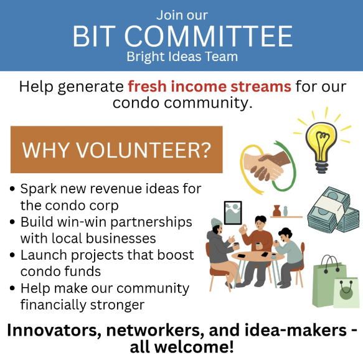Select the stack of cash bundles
pyautogui.click(x=333, y=211)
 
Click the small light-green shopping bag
pyautogui.click(x=347, y=293)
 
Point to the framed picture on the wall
pyautogui.click(x=233, y=213)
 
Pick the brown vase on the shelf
pyautogui.click(x=276, y=211)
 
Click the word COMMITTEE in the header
pyautogui.click(x=209, y=37)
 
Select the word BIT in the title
pyautogui.click(x=94, y=37)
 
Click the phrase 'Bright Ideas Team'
pyautogui.click(x=182, y=57)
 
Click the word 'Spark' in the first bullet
pyautogui.click(x=38, y=189)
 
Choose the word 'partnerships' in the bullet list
pyautogui.click(x=151, y=223)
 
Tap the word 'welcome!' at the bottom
pyautogui.click(x=194, y=347)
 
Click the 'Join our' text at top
pyautogui.click(x=182, y=16)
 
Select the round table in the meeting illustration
pyautogui.click(x=258, y=256)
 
